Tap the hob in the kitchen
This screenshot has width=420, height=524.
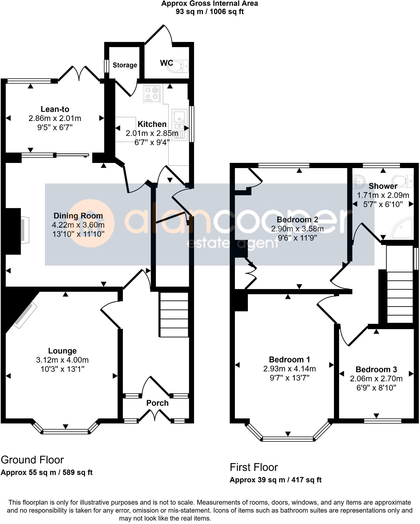click(152, 94)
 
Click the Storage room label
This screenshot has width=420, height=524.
click(125, 65)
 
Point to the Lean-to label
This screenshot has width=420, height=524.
click(55, 109)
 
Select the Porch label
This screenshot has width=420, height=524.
click(157, 403)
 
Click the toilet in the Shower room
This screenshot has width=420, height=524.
click(403, 181)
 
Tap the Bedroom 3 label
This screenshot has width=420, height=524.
click(376, 369)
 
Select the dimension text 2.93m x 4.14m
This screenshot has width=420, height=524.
click(289, 369)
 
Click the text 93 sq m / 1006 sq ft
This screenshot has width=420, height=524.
click(209, 12)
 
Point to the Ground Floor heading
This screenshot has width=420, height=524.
click(32, 460)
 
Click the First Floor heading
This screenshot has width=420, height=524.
click(254, 467)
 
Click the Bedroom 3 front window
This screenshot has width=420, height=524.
click(383, 421)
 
